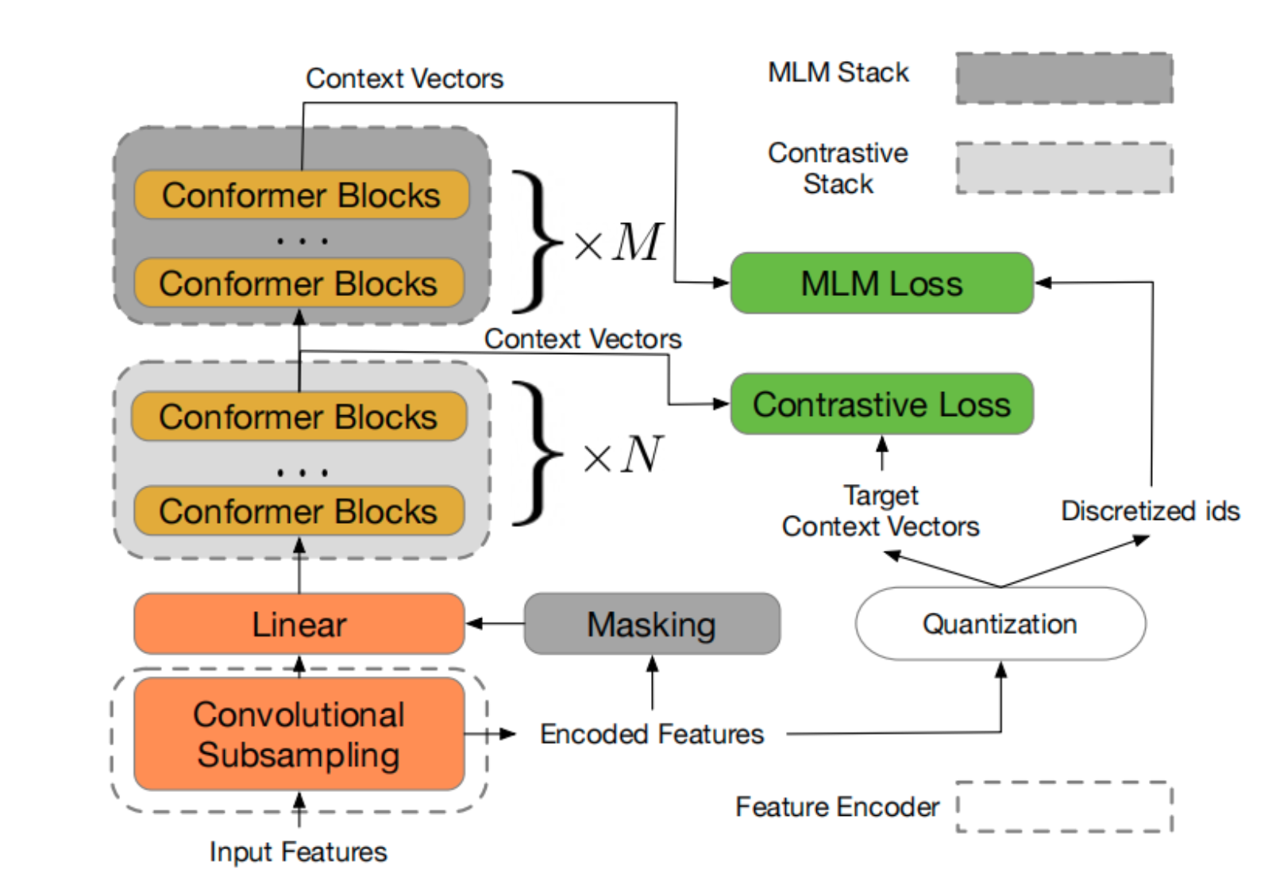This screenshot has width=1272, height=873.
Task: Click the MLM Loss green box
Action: point(881,283)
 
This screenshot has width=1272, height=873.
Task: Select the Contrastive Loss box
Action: point(881,404)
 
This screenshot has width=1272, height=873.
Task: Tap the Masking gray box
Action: point(652,624)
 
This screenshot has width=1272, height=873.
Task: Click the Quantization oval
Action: point(1000,624)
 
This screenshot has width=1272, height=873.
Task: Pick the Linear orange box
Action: point(299,624)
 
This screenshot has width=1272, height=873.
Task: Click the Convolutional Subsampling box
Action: point(299,734)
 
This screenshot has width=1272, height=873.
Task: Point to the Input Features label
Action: point(298,852)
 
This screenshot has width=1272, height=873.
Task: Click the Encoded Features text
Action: point(651,734)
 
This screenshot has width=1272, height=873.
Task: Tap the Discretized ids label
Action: point(1150,510)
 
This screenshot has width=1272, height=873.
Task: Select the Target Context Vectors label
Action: point(881,511)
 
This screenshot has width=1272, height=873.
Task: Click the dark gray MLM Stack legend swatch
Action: point(1064,78)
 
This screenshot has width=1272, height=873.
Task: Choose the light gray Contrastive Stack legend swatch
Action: point(1064,167)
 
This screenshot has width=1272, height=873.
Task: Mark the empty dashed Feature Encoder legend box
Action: point(1064,806)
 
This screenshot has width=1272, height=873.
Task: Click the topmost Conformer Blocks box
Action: point(301,195)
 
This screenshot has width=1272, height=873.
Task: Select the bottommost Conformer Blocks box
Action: point(299,511)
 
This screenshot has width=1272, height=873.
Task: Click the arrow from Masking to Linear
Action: point(494,624)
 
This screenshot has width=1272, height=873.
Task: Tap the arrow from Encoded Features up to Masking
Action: point(653,683)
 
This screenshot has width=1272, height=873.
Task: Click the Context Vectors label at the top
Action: point(404,79)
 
